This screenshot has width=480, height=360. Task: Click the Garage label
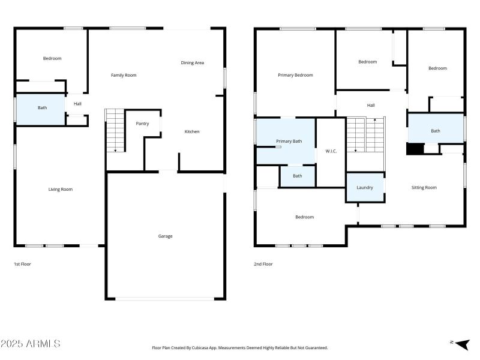point(165,236)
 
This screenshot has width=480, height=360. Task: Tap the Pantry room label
point(142,124)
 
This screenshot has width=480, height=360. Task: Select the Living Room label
point(60,189)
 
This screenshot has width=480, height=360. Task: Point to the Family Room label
point(124,75)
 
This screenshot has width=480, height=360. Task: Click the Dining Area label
point(192,62)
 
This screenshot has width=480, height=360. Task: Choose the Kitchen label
point(191,131)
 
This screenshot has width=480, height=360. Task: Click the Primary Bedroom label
point(295,75)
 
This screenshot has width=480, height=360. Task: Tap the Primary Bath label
point(289,141)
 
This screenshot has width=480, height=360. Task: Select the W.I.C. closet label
point(331,151)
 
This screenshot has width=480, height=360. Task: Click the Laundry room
point(365,187)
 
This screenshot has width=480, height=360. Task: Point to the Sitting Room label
point(424,187)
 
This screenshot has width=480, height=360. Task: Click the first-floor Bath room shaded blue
point(41,109)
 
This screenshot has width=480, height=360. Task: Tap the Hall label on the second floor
point(371,105)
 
